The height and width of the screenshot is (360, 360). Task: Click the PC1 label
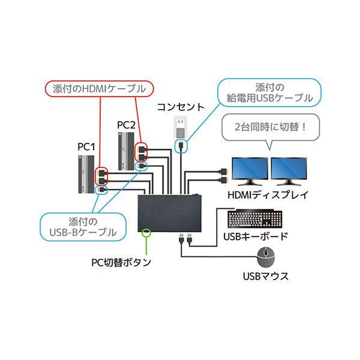click(x=86, y=145)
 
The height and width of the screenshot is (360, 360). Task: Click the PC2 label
click(x=126, y=124)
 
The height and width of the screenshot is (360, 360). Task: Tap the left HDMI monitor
click(x=250, y=172)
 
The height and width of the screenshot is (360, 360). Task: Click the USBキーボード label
click(x=255, y=236)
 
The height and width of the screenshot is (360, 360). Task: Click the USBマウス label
click(x=266, y=277)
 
